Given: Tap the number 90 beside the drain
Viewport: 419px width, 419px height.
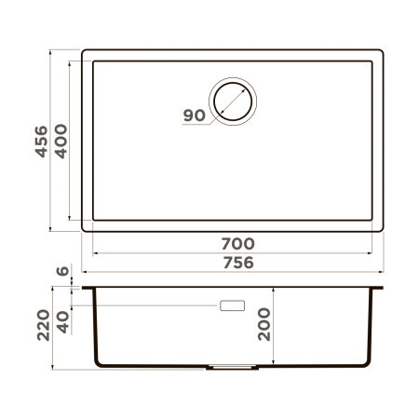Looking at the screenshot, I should point(194,115).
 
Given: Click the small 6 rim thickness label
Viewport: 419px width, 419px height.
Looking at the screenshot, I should point(61,272).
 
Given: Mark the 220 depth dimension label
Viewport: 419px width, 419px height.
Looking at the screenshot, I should point(40,326).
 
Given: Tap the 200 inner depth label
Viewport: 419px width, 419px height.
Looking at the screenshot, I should point(265,324).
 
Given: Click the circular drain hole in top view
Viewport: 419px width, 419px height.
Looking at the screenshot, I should point(232,99).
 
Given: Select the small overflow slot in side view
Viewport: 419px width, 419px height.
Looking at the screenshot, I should point(232,305).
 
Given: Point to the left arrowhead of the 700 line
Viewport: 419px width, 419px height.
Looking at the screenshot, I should point(95,252).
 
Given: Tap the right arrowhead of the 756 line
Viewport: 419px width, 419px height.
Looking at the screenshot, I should point(382,271).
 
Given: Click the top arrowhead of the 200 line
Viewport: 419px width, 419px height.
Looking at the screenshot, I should point(279,291).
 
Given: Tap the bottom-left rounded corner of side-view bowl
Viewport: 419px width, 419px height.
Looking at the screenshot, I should point(97,362).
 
